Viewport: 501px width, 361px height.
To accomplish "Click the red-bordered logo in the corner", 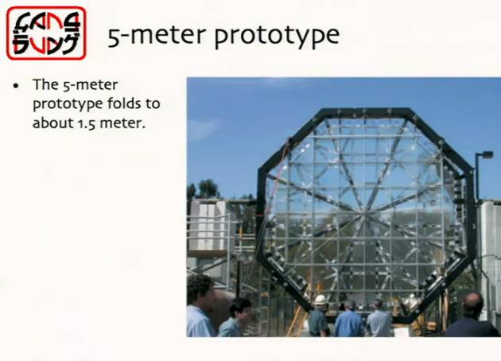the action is click(46, 33).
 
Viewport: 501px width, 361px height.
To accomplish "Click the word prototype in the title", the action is click(277, 36).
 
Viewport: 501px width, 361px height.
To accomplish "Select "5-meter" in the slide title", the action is click(157, 35).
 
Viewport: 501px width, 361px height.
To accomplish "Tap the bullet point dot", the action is click(16, 86).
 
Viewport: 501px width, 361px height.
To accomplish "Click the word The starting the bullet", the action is click(45, 84).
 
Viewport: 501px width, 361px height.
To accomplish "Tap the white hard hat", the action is click(320, 300).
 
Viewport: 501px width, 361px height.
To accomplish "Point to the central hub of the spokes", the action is click(363, 212).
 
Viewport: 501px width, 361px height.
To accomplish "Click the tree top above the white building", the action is click(208, 188).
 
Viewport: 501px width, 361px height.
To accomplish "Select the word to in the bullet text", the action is click(153, 104).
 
